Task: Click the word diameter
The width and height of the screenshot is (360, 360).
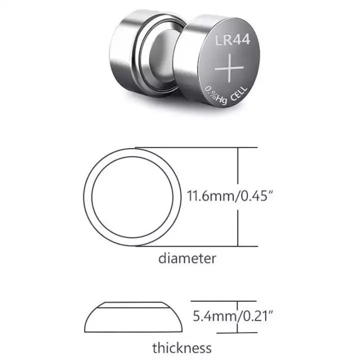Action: pos(187,258)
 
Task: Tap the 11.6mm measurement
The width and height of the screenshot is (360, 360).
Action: pos(210,195)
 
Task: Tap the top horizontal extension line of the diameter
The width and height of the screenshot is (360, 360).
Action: pos(200,147)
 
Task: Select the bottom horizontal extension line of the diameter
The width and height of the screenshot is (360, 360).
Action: pos(200,246)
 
